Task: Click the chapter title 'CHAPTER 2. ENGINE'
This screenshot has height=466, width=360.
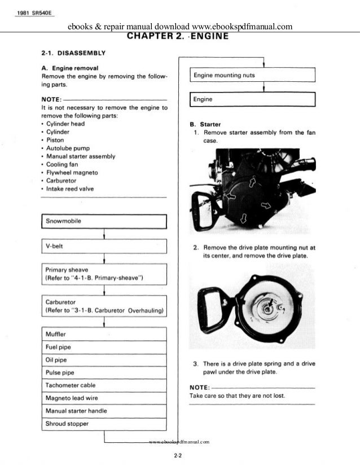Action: [x=178, y=37]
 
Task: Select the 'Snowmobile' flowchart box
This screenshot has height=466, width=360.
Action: [x=104, y=221]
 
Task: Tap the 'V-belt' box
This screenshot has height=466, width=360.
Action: [x=104, y=247]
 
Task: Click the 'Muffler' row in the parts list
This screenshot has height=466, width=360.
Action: [x=104, y=334]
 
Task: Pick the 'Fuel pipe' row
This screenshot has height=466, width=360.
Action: [x=104, y=347]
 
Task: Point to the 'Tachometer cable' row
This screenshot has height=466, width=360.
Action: [x=104, y=385]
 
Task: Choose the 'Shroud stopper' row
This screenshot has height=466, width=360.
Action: [x=104, y=424]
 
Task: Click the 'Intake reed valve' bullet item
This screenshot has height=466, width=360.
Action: [x=70, y=189]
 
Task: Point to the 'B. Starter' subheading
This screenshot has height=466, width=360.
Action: [x=205, y=124]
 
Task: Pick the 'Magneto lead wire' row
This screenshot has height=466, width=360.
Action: [x=104, y=398]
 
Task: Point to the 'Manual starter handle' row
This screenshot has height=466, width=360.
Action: [x=104, y=411]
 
